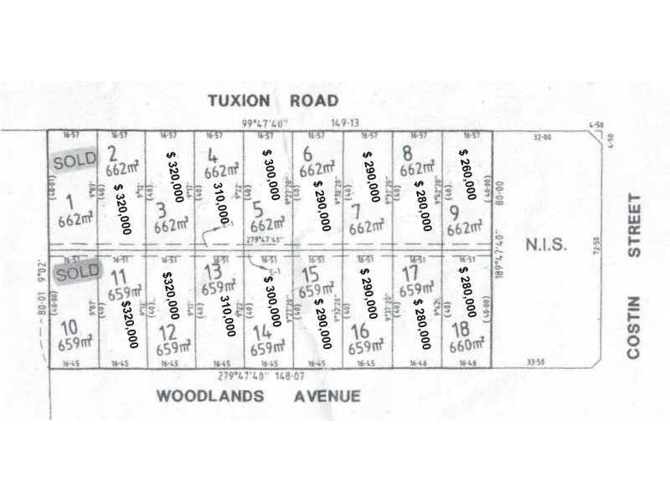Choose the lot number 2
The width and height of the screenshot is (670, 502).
point(113,152)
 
